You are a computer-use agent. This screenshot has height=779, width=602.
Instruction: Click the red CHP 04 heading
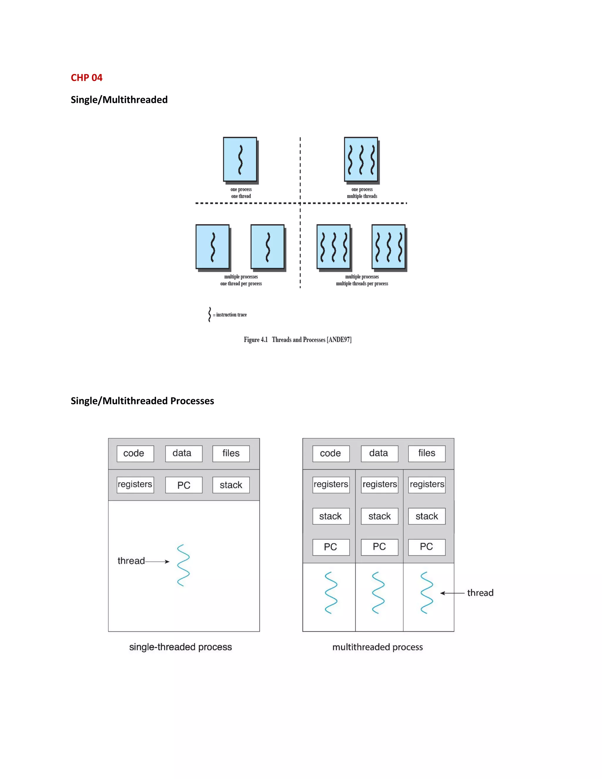(86, 78)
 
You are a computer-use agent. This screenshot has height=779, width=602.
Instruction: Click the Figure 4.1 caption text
(297, 340)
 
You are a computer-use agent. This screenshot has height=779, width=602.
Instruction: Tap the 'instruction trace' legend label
(231, 315)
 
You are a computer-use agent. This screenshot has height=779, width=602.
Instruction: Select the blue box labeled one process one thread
(240, 159)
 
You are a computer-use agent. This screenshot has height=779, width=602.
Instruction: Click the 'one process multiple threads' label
(362, 193)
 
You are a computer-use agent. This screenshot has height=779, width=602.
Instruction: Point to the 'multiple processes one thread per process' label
(241, 280)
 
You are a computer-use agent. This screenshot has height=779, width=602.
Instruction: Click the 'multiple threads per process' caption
(362, 284)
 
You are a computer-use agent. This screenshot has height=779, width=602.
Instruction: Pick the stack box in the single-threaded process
(231, 485)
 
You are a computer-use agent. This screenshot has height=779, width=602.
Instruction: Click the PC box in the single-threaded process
(184, 485)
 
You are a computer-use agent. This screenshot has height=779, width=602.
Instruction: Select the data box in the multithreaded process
(379, 453)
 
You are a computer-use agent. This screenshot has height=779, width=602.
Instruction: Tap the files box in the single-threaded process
(231, 453)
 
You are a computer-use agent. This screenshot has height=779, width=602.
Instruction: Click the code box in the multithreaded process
(331, 453)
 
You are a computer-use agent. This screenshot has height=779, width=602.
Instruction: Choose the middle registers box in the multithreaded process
(379, 484)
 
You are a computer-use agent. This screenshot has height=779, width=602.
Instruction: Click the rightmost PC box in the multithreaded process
(427, 547)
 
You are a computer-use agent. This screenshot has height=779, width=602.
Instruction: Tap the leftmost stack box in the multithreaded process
(331, 516)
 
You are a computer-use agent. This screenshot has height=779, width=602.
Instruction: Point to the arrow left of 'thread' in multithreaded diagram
(452, 593)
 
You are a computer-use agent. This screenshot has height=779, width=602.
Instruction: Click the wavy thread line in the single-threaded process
(183, 565)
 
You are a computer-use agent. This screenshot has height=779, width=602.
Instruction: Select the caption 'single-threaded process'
(180, 647)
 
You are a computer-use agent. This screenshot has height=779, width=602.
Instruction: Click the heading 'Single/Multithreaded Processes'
(142, 401)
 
